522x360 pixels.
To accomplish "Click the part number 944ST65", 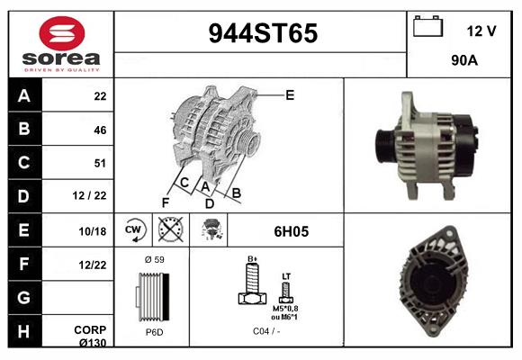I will point(263,33).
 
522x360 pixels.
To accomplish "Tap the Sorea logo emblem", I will point(59,33).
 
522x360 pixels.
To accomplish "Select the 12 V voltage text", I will point(481,31).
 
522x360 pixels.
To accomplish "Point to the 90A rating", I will point(463,62).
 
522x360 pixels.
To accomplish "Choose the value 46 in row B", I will point(100,130).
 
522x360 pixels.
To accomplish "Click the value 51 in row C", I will point(100,163).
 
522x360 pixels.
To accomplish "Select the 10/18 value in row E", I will point(94,231).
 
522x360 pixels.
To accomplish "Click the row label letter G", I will point(23,296).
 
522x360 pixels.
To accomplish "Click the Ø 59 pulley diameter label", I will point(154,259).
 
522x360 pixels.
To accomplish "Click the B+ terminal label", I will point(253,259).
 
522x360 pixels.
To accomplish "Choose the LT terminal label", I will point(285,275).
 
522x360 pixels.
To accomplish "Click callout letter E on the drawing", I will point(290,94).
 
